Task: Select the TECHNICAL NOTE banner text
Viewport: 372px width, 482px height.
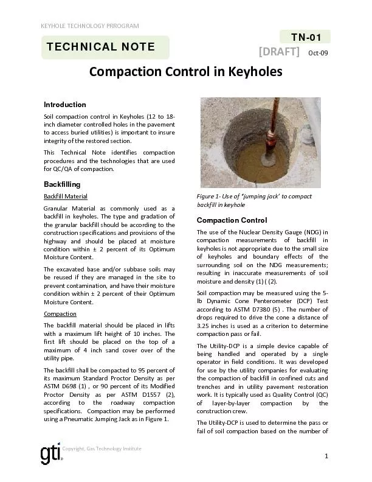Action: point(101,47)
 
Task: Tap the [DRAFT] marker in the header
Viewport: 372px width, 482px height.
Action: point(280,52)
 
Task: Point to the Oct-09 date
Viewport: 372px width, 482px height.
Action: point(318,53)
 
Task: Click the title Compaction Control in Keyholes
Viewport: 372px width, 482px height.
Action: point(186,72)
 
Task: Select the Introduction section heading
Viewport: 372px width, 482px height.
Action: point(65,105)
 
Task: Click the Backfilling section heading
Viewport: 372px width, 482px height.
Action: point(62,184)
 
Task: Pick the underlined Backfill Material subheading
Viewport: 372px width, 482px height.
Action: point(66,197)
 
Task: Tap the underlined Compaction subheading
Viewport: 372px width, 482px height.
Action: point(60,314)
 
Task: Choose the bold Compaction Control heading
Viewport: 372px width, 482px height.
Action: point(232,220)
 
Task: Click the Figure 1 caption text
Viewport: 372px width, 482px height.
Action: point(254,201)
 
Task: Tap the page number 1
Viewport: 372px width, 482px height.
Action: point(326,456)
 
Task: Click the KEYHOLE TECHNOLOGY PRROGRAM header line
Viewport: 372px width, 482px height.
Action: point(89,26)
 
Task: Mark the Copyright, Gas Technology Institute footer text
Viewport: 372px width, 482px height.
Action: point(102,449)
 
